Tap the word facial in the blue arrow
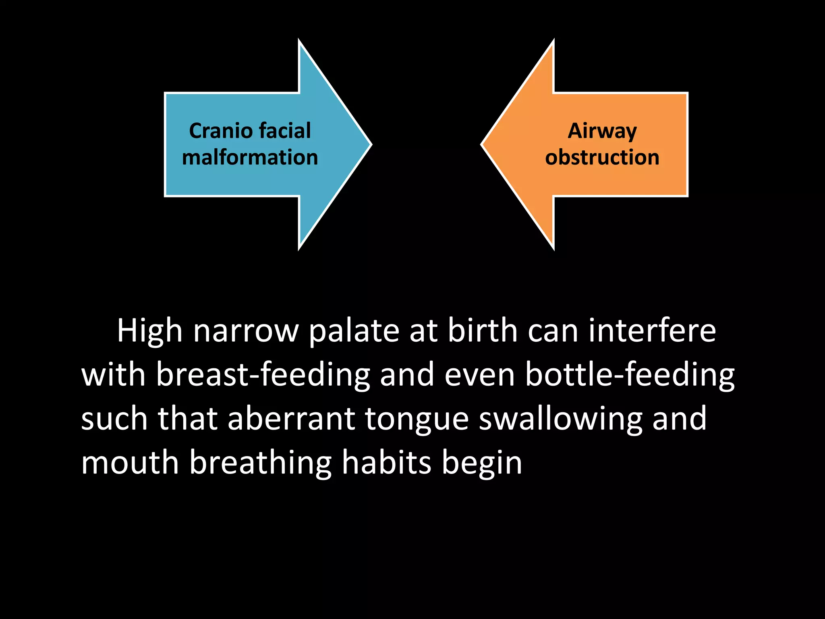tap(285, 131)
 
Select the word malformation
tap(250, 157)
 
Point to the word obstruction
tap(602, 157)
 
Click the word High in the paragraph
tap(150, 332)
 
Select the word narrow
tap(246, 332)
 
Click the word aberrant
tap(291, 419)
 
